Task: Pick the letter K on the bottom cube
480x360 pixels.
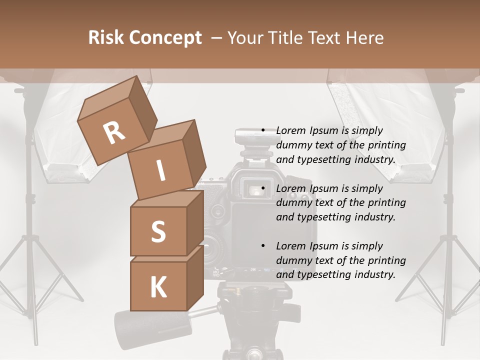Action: pos(158,287)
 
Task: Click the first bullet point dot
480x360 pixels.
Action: pos(263,131)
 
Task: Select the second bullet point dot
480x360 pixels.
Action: pos(263,188)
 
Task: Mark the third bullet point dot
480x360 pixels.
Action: pos(263,246)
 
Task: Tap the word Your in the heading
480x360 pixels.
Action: pos(246,38)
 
